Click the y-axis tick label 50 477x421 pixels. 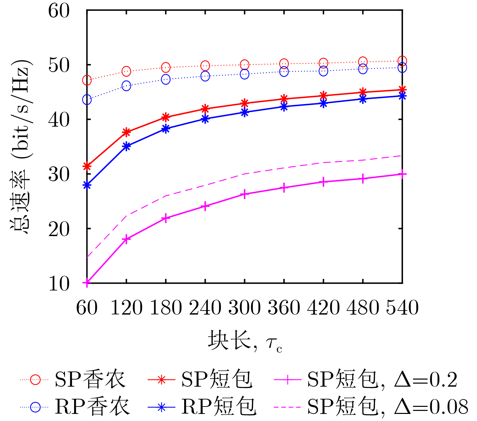pos(59,65)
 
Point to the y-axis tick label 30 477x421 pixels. pos(59,174)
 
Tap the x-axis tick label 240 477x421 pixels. pos(205,307)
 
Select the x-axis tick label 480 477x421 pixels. pos(363,307)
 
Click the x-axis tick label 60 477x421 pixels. pos(87,307)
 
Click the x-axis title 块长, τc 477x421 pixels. pos(245,341)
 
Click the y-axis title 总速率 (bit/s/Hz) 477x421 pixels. pos(21,147)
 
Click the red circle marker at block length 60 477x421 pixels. pos(87,80)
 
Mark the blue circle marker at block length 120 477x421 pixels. pos(126,86)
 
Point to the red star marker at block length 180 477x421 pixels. pos(166,117)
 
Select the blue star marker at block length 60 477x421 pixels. pos(87,185)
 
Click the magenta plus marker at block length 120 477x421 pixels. pos(126,239)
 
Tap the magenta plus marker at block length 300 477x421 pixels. pos(245,194)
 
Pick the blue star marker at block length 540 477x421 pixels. pos(402,96)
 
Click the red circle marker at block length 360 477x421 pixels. pos(284,63)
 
